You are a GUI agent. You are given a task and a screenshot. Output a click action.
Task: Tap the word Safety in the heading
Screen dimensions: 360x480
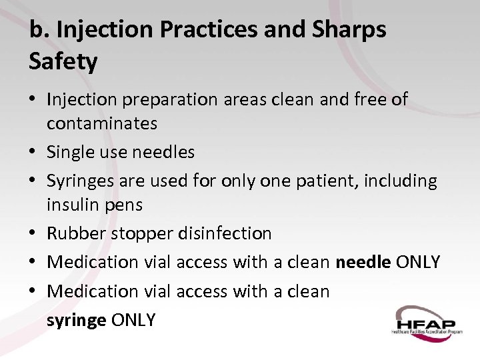coord(63,62)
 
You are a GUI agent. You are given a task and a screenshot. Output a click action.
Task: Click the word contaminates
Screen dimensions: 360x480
coord(102,123)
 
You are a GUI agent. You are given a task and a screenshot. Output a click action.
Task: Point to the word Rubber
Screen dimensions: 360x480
coord(76,233)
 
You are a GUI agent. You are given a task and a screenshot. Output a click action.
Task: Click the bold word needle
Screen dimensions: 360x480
coord(363,262)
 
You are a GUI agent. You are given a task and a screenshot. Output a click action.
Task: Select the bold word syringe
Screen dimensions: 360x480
coord(77,320)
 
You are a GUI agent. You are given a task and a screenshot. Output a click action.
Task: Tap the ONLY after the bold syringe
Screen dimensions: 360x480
coord(133,320)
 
